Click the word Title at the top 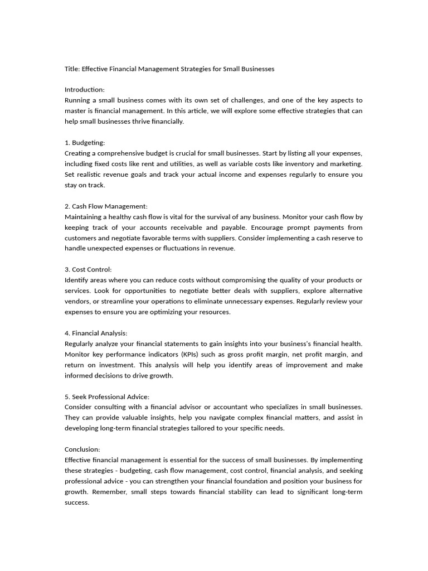(x=72, y=69)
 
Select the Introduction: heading (x=85, y=90)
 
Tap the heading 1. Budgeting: (x=85, y=143)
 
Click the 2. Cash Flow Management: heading (x=106, y=206)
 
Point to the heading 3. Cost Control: (x=88, y=269)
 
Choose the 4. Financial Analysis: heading (x=96, y=333)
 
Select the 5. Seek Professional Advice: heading (x=107, y=396)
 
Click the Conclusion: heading (x=82, y=449)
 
